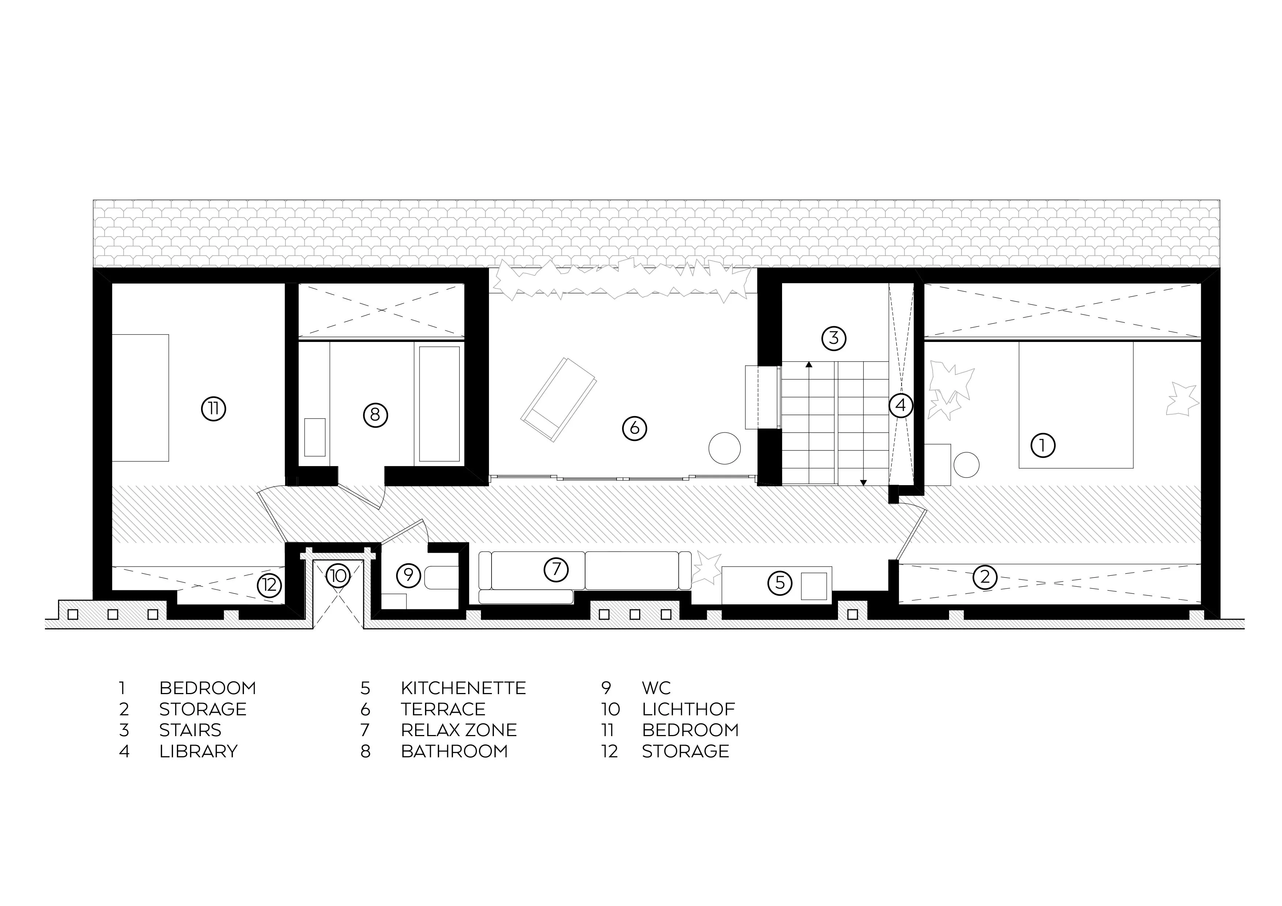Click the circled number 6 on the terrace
[x=634, y=428]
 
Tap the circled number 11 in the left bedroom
[x=213, y=409]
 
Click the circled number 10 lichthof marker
[x=337, y=575]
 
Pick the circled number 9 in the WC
[x=409, y=574]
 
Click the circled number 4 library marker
[x=900, y=405]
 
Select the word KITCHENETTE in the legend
[x=463, y=688]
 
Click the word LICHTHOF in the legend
[x=688, y=709]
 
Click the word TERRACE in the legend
[x=443, y=709]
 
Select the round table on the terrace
[x=724, y=448]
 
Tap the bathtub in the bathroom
[x=439, y=404]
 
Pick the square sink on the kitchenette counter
[x=813, y=586]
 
